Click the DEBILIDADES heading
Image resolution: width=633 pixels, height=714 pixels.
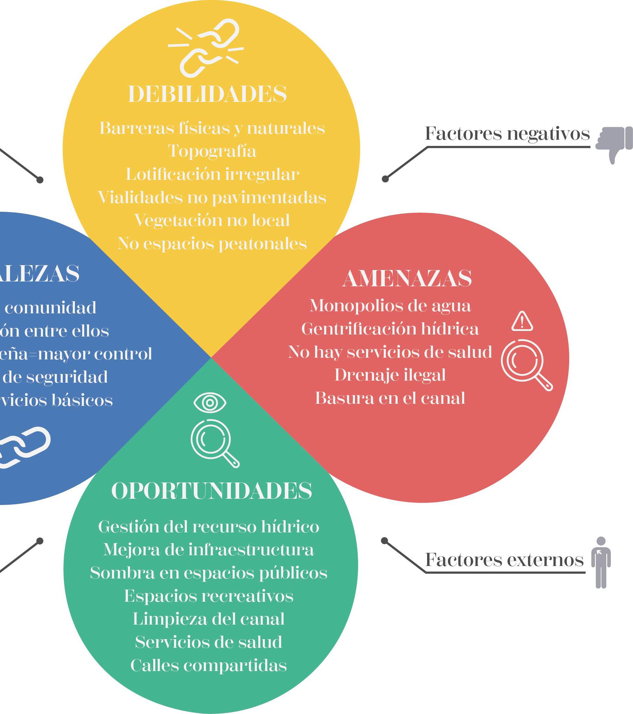[x=208, y=94]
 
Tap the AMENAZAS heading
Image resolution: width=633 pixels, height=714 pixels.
[x=407, y=278]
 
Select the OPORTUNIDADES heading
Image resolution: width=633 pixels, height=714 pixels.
[x=211, y=491]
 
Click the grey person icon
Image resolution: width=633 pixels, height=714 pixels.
[x=601, y=562]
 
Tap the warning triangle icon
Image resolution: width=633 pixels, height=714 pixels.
[x=522, y=321]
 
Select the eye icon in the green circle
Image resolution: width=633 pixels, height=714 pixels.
[x=210, y=403]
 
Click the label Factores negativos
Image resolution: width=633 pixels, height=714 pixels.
[x=507, y=133]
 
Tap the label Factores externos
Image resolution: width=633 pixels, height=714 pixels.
[x=504, y=560]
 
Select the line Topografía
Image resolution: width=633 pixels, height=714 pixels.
[x=212, y=151]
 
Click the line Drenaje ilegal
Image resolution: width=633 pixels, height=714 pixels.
[x=390, y=375]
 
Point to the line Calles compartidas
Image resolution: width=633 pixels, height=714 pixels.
[x=209, y=665]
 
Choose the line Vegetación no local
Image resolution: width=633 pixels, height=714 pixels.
[x=212, y=220]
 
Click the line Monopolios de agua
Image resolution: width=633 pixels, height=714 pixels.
[x=390, y=306]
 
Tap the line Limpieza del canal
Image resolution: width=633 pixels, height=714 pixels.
[x=209, y=619]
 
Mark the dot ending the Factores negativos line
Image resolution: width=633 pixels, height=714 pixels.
[x=385, y=179]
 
